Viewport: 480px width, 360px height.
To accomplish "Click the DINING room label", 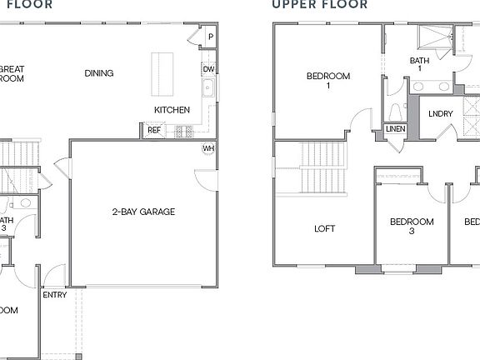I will point(99,73).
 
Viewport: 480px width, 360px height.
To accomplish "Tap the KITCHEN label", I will point(172,110).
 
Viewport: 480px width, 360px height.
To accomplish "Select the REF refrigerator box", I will point(154,130).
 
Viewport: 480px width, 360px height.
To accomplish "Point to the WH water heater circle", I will point(207,148).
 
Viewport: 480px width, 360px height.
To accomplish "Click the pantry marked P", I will point(210,37).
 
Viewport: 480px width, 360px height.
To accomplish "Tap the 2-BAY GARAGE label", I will point(143,212).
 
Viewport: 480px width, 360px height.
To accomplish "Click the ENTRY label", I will point(55,295).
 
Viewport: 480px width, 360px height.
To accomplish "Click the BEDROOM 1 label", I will point(328,81).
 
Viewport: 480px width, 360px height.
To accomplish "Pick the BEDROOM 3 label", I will point(412,227).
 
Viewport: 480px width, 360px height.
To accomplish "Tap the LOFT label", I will point(324,228).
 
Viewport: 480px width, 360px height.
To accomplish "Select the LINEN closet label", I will point(395,129).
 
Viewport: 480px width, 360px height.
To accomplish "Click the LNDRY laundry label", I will point(441,114).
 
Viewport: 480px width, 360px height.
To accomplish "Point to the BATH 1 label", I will point(421,65).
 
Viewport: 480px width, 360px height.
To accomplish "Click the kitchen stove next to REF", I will point(182,130).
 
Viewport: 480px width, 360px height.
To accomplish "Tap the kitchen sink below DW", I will point(208,90).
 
